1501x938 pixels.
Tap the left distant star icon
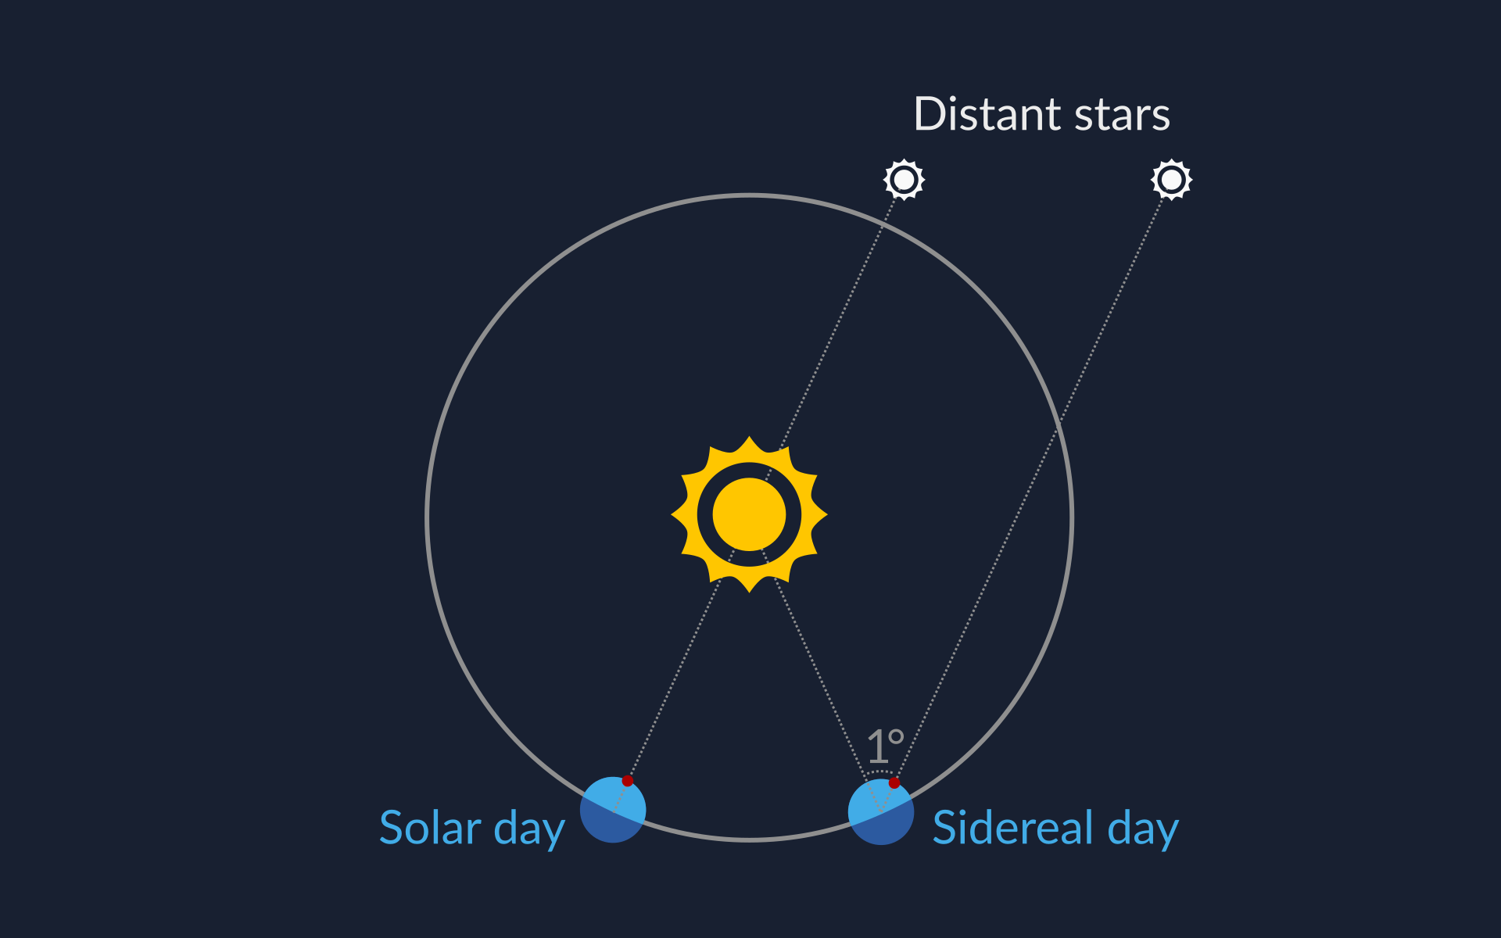[905, 180]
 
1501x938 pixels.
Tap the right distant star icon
[1172, 180]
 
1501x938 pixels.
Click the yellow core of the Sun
[749, 514]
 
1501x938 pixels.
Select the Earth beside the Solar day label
[613, 810]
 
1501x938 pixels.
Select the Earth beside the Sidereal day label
[881, 811]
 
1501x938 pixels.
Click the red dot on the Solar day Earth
[627, 781]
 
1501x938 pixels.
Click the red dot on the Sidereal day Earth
[894, 782]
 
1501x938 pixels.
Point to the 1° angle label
[886, 746]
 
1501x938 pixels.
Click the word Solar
[430, 828]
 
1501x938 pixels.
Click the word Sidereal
[1013, 828]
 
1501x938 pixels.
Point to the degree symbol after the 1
[897, 736]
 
